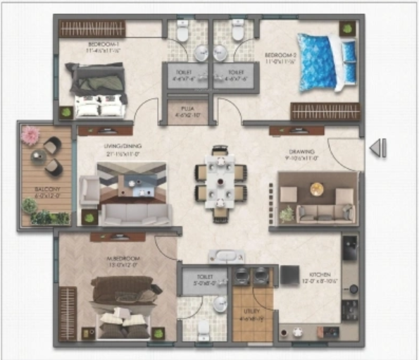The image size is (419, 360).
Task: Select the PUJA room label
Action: click(x=187, y=110)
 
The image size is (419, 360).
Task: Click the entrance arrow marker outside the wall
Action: click(x=378, y=147)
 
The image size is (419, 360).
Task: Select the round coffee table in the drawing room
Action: click(x=317, y=189)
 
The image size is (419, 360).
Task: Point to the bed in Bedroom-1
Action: click(x=98, y=89)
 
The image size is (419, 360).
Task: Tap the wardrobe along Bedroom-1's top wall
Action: click(x=92, y=28)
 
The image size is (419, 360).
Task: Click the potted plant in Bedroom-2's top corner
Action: click(x=347, y=29)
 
